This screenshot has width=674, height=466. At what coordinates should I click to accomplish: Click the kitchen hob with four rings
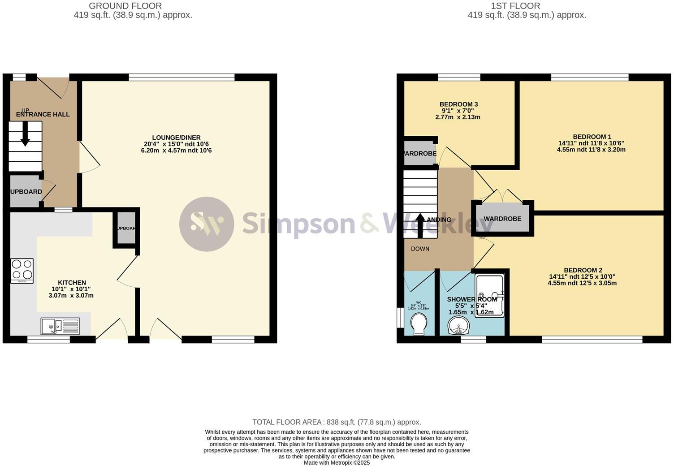(22, 271)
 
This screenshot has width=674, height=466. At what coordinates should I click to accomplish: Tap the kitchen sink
(60, 326)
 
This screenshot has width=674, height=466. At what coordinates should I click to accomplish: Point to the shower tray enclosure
(490, 296)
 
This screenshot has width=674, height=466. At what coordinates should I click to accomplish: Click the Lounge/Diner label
(176, 138)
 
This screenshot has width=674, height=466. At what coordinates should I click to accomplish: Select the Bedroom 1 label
(592, 137)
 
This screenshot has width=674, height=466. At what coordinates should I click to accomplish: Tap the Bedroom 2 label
(583, 270)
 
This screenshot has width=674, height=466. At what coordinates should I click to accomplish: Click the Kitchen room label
(72, 283)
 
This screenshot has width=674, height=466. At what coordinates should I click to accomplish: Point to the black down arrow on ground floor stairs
(25, 134)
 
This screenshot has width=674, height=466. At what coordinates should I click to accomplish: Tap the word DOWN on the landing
(420, 249)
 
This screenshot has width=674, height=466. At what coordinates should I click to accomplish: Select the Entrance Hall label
(43, 114)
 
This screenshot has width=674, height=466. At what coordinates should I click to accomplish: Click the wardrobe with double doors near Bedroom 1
(502, 219)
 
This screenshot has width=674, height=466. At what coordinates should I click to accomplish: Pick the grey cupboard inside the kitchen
(126, 228)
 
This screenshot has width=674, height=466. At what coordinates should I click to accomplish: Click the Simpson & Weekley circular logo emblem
(207, 224)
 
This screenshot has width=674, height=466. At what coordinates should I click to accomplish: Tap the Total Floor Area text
(337, 422)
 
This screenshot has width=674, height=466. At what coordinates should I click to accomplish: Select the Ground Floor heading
(125, 6)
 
